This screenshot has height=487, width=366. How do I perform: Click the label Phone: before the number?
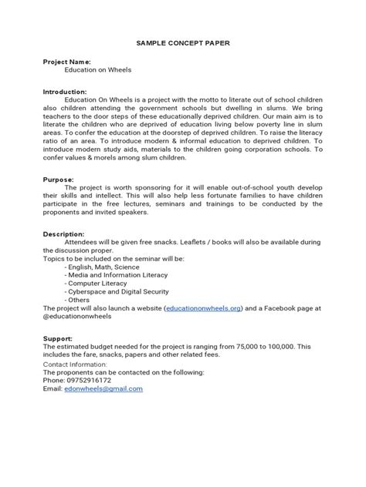click(56, 380)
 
